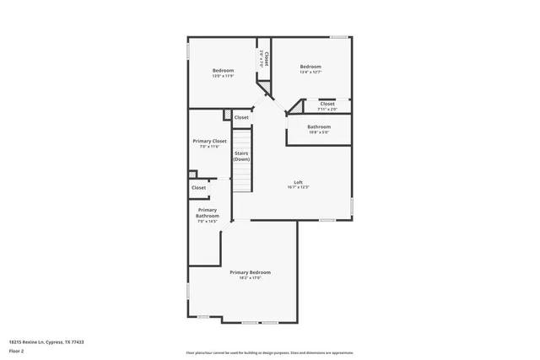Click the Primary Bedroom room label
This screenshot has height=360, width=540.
pyautogui.click(x=251, y=271)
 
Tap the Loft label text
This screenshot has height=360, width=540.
pyautogui.click(x=298, y=182)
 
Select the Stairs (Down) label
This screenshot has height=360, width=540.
pyautogui.click(x=242, y=156)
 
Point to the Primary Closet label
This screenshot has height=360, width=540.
pyautogui.click(x=209, y=141)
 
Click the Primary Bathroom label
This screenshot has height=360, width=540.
pyautogui.click(x=208, y=212)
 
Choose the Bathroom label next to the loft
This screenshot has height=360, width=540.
pyautogui.click(x=319, y=126)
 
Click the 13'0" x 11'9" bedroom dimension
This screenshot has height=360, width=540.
pyautogui.click(x=223, y=76)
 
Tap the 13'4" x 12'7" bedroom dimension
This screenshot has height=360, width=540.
pyautogui.click(x=310, y=72)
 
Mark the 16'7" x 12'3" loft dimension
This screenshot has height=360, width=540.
pyautogui.click(x=298, y=187)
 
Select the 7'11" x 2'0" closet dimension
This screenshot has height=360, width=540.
pyautogui.click(x=327, y=109)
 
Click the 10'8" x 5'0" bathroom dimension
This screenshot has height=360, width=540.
pyautogui.click(x=319, y=132)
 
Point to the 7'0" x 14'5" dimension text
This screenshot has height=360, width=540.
pyautogui.click(x=208, y=221)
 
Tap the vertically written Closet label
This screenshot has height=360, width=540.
pyautogui.click(x=267, y=59)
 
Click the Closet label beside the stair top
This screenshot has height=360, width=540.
pyautogui.click(x=241, y=117)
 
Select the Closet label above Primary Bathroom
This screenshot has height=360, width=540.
pyautogui.click(x=199, y=187)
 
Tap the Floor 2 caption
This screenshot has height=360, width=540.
pyautogui.click(x=16, y=351)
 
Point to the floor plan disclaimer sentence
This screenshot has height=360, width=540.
pyautogui.click(x=269, y=352)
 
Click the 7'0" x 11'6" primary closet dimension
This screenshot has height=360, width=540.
pyautogui.click(x=209, y=147)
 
